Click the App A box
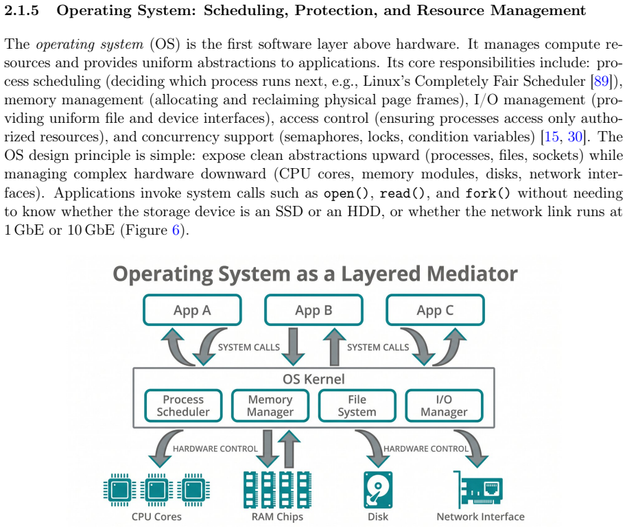pyautogui.click(x=192, y=310)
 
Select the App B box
pyautogui.click(x=313, y=310)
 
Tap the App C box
pyautogui.click(x=435, y=310)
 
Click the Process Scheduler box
pyautogui.click(x=183, y=406)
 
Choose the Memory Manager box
pyautogui.click(x=270, y=406)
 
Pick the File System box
pyautogui.click(x=357, y=406)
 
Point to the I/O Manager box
pyautogui.click(x=444, y=406)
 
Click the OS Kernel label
pyautogui.click(x=313, y=379)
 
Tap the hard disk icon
pyautogui.click(x=378, y=490)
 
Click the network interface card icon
pyautogui.click(x=478, y=490)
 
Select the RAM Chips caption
pyautogui.click(x=277, y=517)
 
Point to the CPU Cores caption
pyautogui.click(x=156, y=517)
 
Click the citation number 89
pyautogui.click(x=601, y=81)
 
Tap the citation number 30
pyautogui.click(x=575, y=137)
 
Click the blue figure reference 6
pyautogui.click(x=176, y=230)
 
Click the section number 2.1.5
pyautogui.click(x=21, y=10)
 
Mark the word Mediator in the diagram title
pyautogui.click(x=472, y=274)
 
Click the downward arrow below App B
pyautogui.click(x=293, y=347)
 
